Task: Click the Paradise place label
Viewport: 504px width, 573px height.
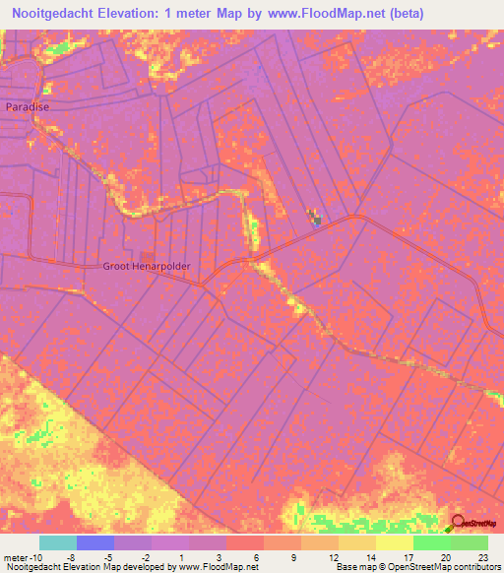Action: coord(27,105)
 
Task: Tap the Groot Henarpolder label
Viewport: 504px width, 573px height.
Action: coord(146,266)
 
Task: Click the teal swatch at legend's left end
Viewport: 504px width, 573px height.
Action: coord(57,542)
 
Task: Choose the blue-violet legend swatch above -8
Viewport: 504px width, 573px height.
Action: coord(94,542)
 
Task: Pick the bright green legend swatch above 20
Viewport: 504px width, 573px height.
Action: coord(431,542)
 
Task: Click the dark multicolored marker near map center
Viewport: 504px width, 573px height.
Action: coord(315,218)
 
